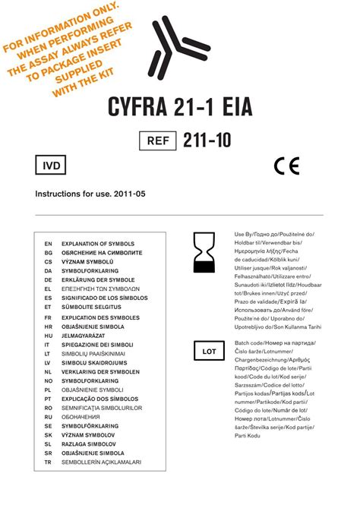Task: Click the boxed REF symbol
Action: tap(156, 140)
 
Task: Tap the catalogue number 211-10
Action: tap(207, 140)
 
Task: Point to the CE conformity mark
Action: tap(286, 166)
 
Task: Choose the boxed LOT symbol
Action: tap(208, 352)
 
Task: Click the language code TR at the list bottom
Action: tap(47, 462)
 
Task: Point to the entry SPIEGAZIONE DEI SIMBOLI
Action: tap(97, 344)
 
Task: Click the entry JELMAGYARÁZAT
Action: tap(87, 335)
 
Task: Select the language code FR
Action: tap(47, 316)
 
